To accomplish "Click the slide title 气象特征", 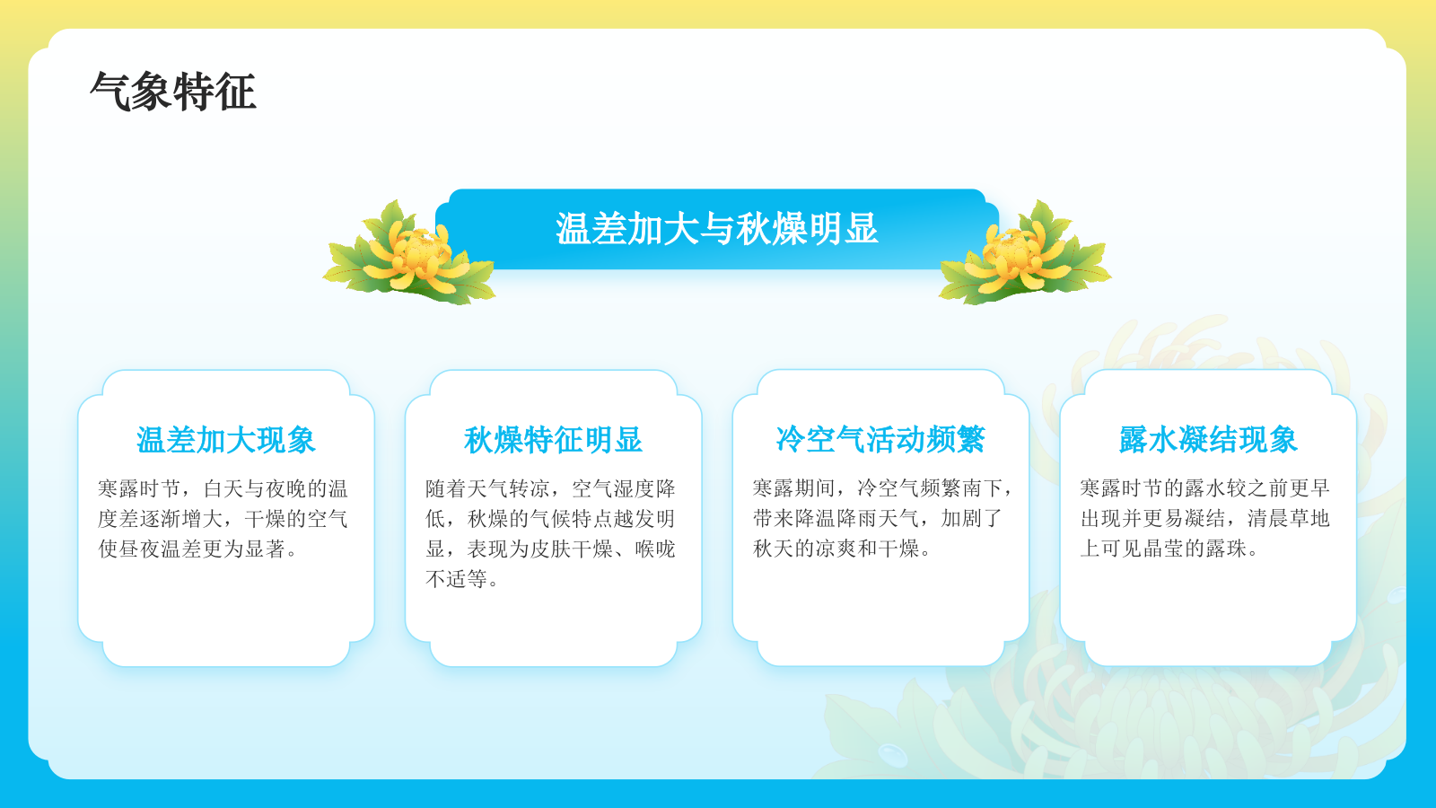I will [173, 92].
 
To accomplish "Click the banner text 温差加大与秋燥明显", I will [716, 229].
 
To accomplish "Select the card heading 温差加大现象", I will [226, 440].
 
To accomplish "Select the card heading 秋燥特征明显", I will [553, 440].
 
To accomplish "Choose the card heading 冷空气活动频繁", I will [880, 440].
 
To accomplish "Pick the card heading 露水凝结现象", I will [1208, 440].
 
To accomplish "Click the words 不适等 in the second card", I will [456, 579].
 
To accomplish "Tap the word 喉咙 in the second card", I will [655, 549].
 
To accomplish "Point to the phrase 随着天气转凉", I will [487, 488].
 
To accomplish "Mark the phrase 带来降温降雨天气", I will [836, 519].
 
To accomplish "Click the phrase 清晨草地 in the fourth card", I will [1289, 519].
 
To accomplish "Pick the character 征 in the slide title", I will [236, 92].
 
